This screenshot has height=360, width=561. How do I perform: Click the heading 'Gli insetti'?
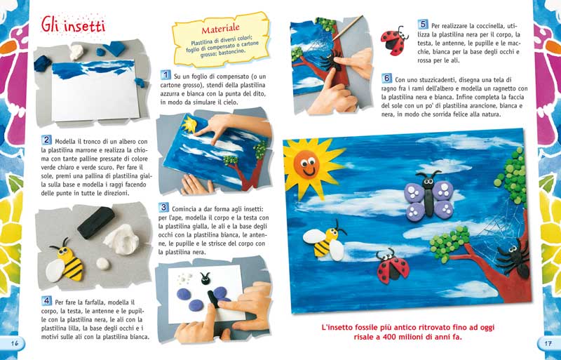point(72,26)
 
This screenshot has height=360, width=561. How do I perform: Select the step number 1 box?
point(165,74)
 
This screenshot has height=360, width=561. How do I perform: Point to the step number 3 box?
point(164,208)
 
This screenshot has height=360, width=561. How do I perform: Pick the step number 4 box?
point(46,300)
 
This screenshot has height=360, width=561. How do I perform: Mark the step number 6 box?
point(387,78)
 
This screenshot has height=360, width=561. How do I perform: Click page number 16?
point(14,343)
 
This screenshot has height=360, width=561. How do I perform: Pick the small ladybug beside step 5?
point(394,39)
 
